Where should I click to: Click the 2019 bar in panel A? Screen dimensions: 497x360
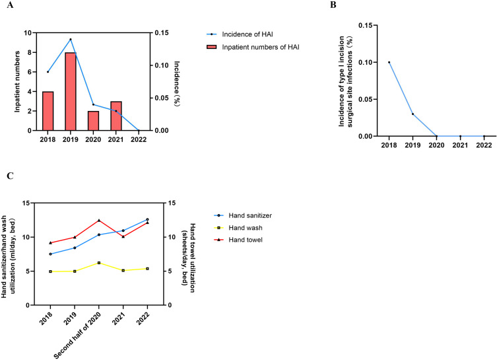coord(71,91)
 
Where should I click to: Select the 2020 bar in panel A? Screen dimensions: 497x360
coord(93,121)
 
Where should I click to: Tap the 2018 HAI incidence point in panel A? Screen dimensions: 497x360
coord(48,72)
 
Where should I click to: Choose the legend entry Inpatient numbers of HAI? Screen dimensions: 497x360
coord(253,47)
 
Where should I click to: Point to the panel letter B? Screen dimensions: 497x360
coord(333,5)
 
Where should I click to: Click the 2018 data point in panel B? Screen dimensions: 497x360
coord(389,62)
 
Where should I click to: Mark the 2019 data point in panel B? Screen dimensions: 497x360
coord(413,114)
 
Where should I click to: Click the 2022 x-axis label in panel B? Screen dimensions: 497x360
coord(484,145)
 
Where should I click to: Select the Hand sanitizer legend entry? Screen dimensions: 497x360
coord(243,216)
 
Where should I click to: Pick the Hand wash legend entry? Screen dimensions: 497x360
coord(238,228)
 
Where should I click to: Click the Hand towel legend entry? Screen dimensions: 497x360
coord(238,240)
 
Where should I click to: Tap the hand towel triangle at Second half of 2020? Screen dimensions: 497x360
coord(99,220)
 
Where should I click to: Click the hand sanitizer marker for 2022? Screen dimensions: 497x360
coord(147,219)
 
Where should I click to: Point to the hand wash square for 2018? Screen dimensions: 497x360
coord(50,271)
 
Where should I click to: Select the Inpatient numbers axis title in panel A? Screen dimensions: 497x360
coord(17,81)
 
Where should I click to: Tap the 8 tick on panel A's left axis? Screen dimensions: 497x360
coord(30,52)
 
